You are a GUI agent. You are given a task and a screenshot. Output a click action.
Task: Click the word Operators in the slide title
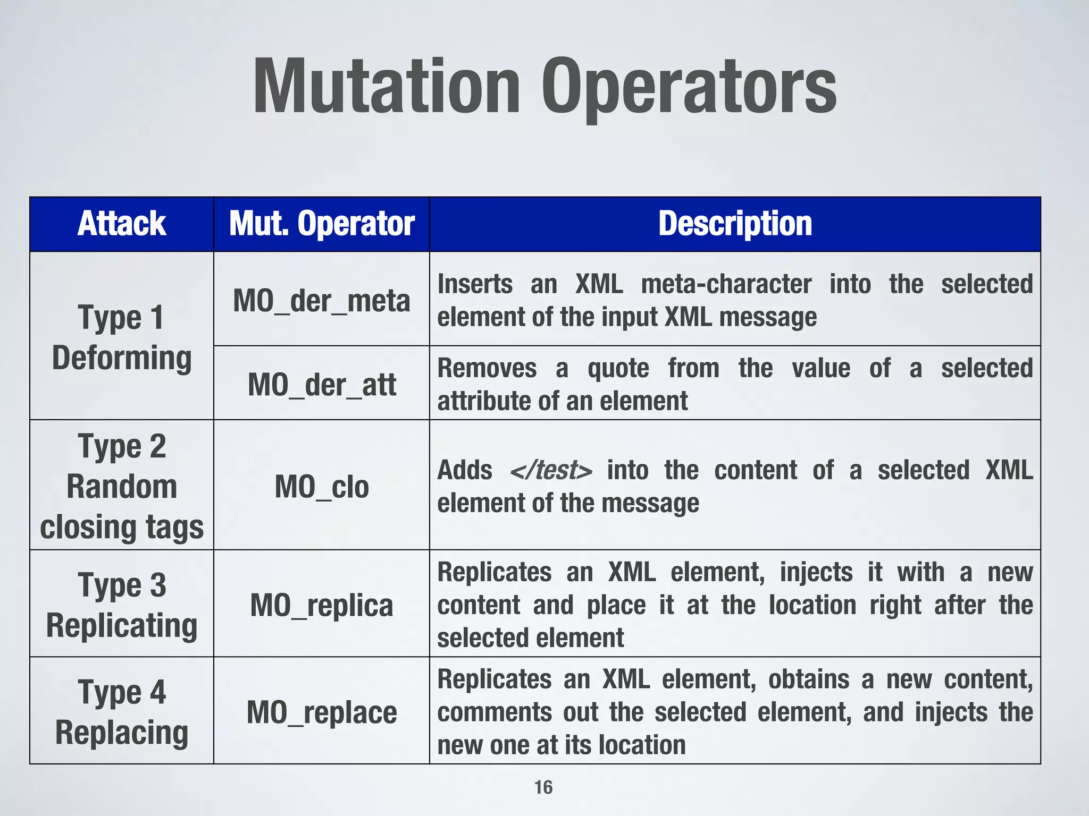click(689, 88)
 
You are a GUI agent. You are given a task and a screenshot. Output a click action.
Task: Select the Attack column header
click(122, 223)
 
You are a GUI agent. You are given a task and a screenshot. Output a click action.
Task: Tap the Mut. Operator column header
click(322, 223)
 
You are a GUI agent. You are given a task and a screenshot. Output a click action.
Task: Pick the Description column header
click(735, 223)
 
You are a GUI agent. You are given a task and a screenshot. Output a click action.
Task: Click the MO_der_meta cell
click(322, 301)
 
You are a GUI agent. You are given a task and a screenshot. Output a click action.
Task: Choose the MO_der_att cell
click(322, 384)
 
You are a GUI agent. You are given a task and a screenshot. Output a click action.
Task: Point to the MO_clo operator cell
click(322, 486)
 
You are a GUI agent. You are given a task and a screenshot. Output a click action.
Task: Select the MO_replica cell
click(322, 605)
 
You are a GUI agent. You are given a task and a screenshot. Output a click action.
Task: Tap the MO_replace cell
click(322, 712)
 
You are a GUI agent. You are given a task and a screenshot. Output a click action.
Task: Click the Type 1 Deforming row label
click(122, 337)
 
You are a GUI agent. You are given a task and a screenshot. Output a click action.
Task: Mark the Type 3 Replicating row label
click(122, 605)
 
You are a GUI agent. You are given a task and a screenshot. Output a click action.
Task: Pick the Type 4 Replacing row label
click(122, 712)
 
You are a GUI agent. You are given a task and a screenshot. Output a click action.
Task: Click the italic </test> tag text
click(550, 470)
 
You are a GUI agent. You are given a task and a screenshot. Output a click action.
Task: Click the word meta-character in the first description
click(726, 284)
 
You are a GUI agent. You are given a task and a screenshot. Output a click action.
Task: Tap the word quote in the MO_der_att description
click(618, 368)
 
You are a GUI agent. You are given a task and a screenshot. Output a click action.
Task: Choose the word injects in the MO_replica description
click(816, 573)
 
